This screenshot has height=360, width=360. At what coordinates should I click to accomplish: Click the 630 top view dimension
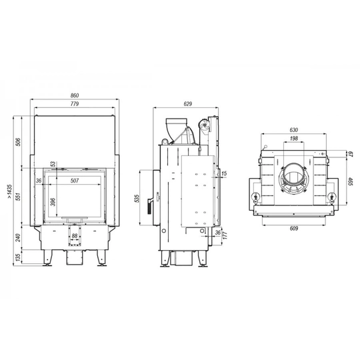tap(294, 131)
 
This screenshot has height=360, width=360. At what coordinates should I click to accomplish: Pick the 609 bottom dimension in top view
tap(294, 228)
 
